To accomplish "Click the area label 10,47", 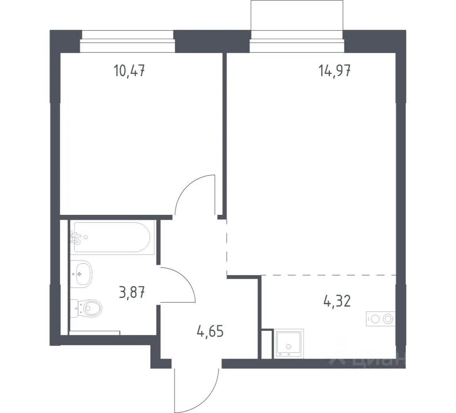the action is tap(129, 71).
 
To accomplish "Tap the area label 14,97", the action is tap(334, 71).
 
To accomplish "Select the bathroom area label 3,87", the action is tap(132, 292).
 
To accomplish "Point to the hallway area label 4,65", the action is tap(210, 331).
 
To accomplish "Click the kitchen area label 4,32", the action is tap(337, 301).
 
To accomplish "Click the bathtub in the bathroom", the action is tap(112, 237).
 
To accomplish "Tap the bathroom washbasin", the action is tap(81, 274).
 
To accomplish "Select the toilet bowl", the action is tap(87, 307).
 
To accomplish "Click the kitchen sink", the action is tap(289, 344).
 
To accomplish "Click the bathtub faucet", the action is tap(75, 237).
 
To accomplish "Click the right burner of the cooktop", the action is tap(388, 319).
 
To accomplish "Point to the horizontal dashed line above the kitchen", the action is tap(329, 275).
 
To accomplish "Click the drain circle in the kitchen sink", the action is tap(289, 347).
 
